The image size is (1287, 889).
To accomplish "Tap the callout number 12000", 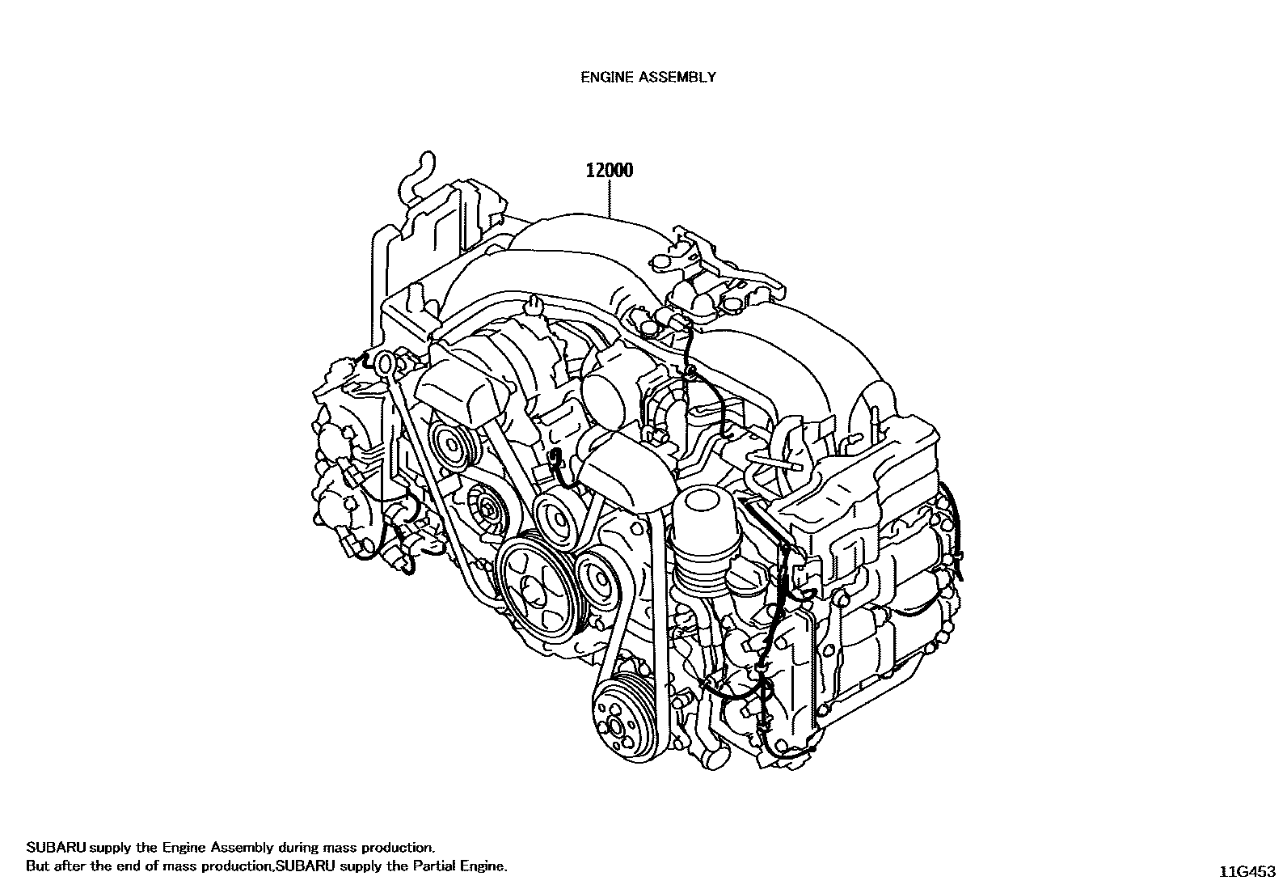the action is (x=610, y=171).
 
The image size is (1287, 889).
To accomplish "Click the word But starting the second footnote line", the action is (x=37, y=866).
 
